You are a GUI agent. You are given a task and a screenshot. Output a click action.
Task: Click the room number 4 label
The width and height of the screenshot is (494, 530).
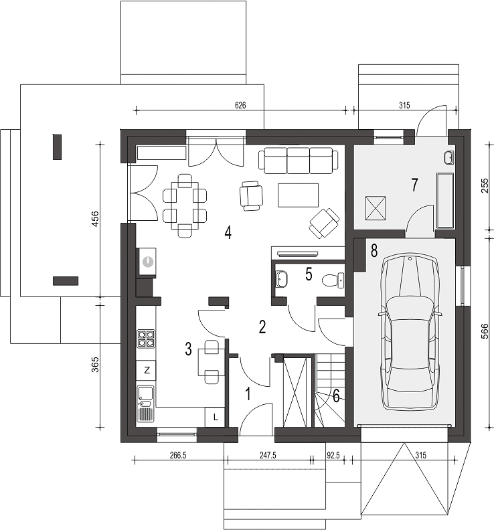point(228,233)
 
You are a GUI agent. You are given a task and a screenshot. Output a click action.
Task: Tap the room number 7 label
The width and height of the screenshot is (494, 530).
point(414,185)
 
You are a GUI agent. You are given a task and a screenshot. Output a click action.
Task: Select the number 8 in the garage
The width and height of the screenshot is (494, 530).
point(374,251)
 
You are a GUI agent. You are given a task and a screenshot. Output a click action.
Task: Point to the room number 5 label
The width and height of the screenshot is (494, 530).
point(309,274)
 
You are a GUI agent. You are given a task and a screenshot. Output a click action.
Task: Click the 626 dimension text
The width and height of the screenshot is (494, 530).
point(240,105)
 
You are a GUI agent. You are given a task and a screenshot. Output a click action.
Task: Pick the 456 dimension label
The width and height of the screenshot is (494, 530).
point(95,219)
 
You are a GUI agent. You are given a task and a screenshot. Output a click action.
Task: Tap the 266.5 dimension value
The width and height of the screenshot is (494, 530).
point(178,455)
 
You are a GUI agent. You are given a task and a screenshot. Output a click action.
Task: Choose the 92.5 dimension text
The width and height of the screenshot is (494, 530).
point(333,455)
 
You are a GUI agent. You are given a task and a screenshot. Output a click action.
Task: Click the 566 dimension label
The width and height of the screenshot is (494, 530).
point(484,331)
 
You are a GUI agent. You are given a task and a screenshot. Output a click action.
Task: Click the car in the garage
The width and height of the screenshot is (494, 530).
point(410,333)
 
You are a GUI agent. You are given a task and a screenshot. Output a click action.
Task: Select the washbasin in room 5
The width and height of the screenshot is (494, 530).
point(282,279)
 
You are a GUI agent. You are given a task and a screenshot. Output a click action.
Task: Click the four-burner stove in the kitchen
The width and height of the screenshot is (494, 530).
point(146,339)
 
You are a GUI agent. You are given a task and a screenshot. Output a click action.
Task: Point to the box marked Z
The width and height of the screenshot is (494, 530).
point(146,371)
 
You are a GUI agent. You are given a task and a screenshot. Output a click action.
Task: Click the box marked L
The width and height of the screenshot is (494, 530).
point(215,417)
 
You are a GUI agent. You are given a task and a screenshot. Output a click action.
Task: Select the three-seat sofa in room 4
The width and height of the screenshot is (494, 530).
point(299,161)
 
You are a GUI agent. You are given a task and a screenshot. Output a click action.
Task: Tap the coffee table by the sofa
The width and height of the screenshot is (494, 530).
point(299,195)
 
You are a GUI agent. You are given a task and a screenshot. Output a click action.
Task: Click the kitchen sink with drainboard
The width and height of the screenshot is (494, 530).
point(146,404)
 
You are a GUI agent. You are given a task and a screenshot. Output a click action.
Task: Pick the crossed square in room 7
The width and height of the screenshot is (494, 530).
point(376,208)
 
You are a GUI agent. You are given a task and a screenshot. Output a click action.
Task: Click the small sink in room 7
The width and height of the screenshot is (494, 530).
point(449,157)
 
